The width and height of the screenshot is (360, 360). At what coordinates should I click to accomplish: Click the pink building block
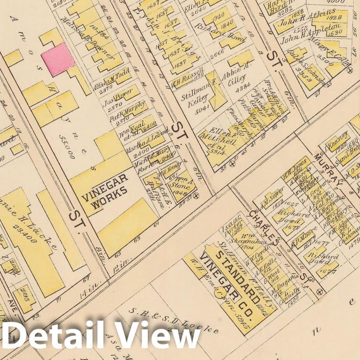58,59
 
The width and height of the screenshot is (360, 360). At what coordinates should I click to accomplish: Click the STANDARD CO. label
237,283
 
